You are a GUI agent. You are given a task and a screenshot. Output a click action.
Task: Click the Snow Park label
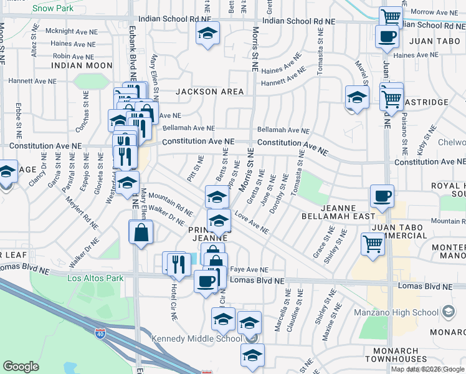52,9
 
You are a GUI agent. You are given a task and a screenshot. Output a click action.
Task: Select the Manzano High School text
403,310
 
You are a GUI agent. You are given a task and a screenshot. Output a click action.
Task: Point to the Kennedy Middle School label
197,339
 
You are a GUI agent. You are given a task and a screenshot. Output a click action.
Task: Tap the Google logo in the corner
21,367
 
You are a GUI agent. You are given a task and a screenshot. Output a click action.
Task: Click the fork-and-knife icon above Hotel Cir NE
179,263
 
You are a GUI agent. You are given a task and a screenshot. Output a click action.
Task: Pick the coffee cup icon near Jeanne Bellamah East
382,196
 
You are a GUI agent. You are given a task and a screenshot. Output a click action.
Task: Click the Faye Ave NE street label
245,269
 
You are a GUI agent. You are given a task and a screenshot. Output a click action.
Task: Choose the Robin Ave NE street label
74,55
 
